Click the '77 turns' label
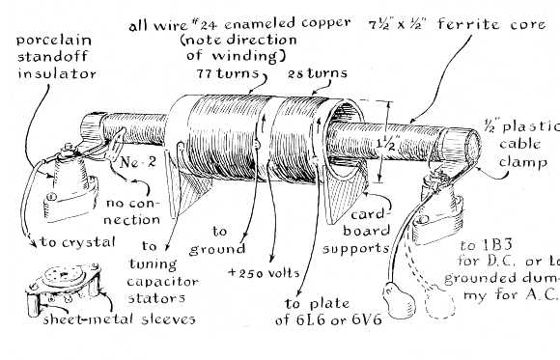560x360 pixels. tap(227, 73)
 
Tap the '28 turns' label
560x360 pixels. tap(317, 73)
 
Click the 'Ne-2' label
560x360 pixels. tap(138, 162)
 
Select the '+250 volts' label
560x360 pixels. tap(264, 273)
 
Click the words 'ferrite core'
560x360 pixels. tap(491, 24)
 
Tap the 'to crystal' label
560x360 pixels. tap(77, 242)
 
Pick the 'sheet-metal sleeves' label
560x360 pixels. tap(120, 318)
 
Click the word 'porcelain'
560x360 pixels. tap(54, 40)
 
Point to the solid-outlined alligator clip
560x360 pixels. tap(400, 302)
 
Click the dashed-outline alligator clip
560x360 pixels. tap(439, 303)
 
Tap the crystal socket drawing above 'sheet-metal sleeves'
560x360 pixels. tap(64, 285)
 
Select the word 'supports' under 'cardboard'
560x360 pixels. tap(355, 248)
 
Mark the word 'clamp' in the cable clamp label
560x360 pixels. tap(523, 162)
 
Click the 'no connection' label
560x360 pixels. tap(131, 211)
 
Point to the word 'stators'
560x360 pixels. tap(156, 298)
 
